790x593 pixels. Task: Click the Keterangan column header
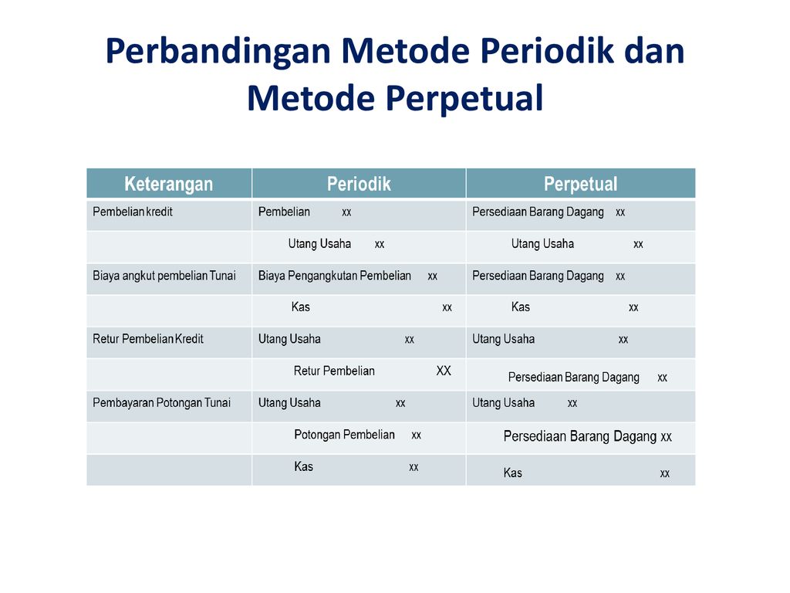click(168, 184)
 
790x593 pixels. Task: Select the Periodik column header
click(359, 184)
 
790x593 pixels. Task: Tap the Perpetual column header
click(580, 185)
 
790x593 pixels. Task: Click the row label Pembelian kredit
click(133, 212)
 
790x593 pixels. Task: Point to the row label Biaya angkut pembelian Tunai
click(164, 276)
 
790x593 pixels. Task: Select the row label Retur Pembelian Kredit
click(148, 339)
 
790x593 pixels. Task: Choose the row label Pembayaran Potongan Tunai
click(162, 403)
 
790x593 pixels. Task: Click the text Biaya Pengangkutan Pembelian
click(335, 276)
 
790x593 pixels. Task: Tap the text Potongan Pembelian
click(344, 435)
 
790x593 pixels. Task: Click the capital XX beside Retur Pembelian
click(444, 371)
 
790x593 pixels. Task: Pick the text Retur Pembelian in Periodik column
click(334, 371)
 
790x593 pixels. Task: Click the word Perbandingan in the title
click(218, 53)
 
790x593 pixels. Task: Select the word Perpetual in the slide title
click(465, 98)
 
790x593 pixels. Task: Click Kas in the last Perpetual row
click(513, 473)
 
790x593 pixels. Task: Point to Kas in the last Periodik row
click(304, 466)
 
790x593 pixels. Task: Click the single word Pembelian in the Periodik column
click(284, 212)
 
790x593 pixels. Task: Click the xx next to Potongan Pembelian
click(416, 435)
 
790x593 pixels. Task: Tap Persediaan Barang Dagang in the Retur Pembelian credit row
click(574, 377)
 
